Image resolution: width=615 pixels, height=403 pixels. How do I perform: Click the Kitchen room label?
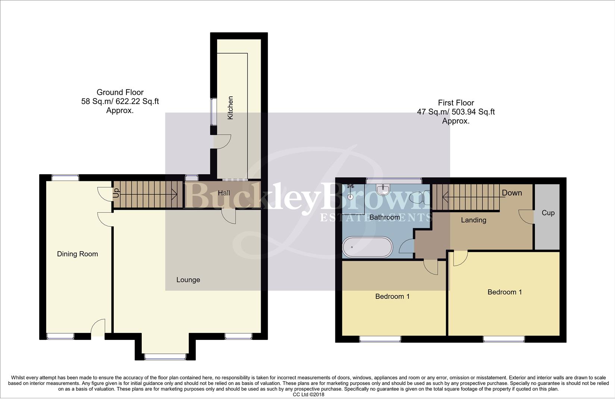coord(230,108)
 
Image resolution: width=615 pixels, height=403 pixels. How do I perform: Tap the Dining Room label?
coord(78,254)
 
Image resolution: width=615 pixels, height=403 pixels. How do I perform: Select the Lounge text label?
coord(188,280)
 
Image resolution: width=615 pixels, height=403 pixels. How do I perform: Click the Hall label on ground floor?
coord(224,193)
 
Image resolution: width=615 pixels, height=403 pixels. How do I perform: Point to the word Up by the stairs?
coord(116,193)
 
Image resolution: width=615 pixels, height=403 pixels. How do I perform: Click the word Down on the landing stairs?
coord(512,193)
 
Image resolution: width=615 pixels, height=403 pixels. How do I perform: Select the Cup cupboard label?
coord(548,213)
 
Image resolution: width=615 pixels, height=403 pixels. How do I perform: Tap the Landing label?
coord(473,220)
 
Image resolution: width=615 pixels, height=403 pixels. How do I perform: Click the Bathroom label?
coord(385,217)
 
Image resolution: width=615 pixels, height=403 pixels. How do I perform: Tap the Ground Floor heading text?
coord(120,92)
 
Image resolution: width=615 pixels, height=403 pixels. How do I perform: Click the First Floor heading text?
coord(456,103)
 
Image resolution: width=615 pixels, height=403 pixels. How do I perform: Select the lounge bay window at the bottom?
coord(165,357)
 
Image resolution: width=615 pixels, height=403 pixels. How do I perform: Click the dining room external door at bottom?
coord(98,328)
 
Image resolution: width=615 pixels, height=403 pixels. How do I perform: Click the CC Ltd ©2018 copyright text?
coord(308,394)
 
